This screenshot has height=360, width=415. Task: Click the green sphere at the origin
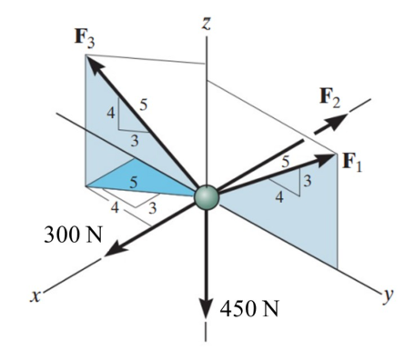click(207, 196)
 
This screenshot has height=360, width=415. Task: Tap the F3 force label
click(85, 39)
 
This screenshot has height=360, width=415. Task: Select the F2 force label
click(330, 98)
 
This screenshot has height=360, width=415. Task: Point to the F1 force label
click(352, 162)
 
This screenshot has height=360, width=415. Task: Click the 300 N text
click(73, 235)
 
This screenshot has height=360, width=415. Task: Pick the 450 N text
click(248, 309)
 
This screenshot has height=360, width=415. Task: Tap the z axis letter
click(207, 24)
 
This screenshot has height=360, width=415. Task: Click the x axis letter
click(35, 296)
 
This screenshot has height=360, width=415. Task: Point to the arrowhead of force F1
click(326, 159)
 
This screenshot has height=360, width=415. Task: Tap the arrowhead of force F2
click(337, 121)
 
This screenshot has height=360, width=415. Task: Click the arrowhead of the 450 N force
click(206, 306)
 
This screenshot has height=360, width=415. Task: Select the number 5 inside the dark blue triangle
click(134, 183)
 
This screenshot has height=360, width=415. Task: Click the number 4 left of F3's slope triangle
click(111, 114)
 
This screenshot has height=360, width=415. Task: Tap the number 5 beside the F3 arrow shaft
click(144, 105)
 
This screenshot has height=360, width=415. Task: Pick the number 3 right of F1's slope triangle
click(308, 181)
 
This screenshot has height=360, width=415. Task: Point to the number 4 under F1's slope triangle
click(279, 197)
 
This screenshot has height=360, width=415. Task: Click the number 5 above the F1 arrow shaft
click(285, 162)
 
